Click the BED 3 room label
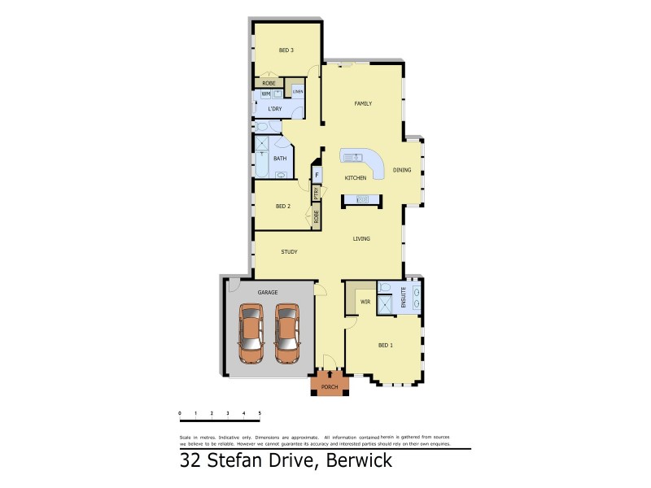[286, 50]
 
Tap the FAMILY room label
[363, 103]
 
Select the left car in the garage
[251, 333]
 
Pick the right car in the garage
[286, 333]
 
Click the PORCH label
[330, 386]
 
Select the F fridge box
[317, 174]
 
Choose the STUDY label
[289, 252]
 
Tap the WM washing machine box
[265, 94]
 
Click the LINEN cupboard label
[298, 91]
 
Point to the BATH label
[280, 159]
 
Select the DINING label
[402, 170]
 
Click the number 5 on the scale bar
[260, 414]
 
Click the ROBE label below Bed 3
[269, 83]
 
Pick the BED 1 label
[386, 346]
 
